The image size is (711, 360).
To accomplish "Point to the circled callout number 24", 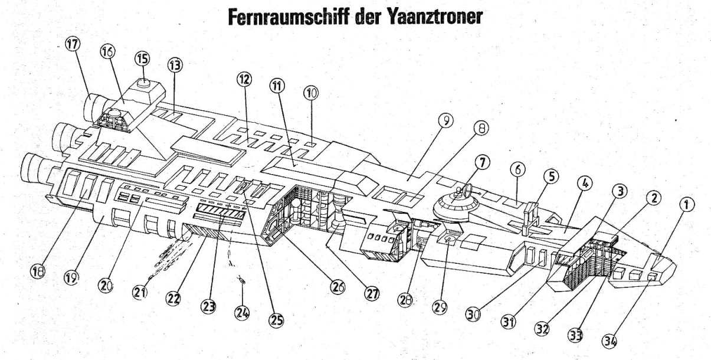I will pyautogui.click(x=241, y=313).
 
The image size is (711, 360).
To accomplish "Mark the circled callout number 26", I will pyautogui.click(x=337, y=287).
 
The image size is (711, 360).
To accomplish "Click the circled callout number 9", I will pyautogui.click(x=445, y=121).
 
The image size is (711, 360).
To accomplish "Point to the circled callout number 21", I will pyautogui.click(x=139, y=293).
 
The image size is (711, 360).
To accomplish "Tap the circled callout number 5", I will pyautogui.click(x=550, y=176).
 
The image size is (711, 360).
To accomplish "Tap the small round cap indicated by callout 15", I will pyautogui.click(x=143, y=84).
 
